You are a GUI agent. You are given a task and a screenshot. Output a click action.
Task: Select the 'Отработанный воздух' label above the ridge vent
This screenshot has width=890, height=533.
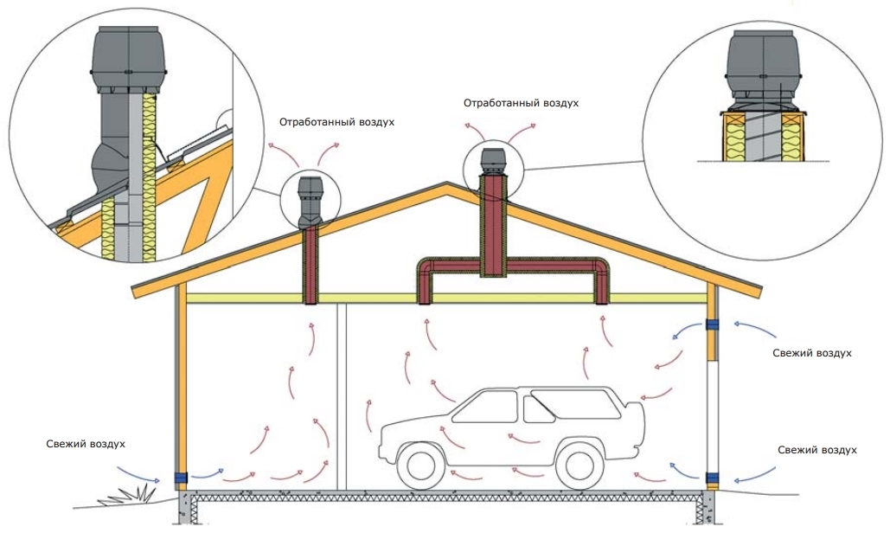(521, 103)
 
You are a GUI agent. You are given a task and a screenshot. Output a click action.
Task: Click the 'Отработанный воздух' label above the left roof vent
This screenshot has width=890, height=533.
(336, 122)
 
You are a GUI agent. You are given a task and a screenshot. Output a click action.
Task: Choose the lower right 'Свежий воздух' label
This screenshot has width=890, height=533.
(817, 451)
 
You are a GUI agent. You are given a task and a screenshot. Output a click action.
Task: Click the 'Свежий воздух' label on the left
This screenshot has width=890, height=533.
(86, 444)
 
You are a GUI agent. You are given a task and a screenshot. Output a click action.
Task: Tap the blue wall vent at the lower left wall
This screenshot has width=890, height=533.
(182, 478)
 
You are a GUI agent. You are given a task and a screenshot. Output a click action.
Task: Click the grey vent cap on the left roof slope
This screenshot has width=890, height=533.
(308, 195)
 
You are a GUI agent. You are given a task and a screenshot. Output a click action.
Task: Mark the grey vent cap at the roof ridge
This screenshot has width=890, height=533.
(491, 160)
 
